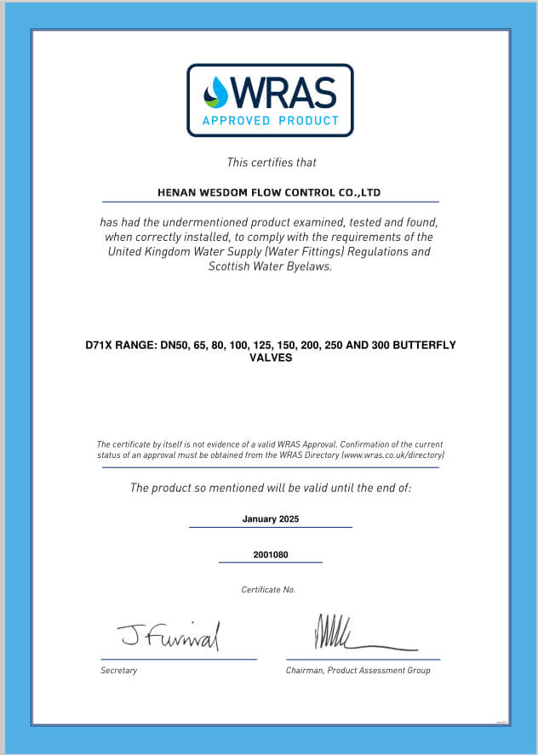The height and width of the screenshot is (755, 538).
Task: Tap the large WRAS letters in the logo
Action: pos(283,92)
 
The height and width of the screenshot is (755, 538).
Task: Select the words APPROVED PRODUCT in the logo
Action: pos(270,121)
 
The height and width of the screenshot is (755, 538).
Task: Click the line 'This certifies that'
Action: pos(272,162)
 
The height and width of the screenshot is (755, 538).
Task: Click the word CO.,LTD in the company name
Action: pos(359,193)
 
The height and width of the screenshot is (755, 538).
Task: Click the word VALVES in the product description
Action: pos(271,358)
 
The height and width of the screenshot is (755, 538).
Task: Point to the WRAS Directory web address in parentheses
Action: pos(392,456)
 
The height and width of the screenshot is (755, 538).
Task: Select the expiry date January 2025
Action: pos(271,518)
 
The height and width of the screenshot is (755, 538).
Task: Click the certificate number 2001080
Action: pos(271,555)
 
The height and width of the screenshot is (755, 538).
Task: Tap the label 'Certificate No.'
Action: pos(268,590)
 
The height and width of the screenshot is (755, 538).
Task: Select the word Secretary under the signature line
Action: pos(118,671)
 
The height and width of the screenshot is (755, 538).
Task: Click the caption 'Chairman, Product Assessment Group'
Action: pos(358,671)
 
